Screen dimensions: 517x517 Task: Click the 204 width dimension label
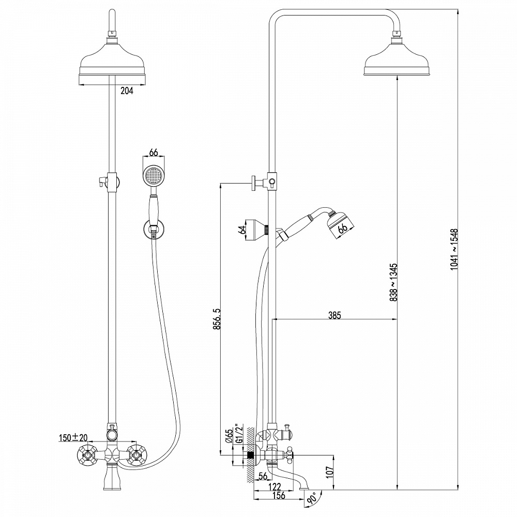tap(127, 91)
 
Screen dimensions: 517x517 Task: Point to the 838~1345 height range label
tap(393, 283)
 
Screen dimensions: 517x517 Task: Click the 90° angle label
tap(312, 498)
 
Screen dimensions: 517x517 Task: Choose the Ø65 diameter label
tap(229, 438)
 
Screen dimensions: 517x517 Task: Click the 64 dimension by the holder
tap(241, 230)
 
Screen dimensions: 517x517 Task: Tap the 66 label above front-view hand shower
tap(153, 152)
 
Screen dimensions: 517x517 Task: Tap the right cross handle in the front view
tap(136, 455)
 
